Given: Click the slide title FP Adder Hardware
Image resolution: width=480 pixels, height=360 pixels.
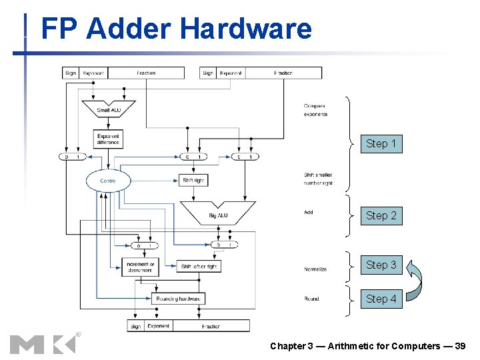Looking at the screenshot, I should click(176, 29).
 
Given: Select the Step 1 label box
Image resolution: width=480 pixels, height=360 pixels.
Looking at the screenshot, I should click(381, 143).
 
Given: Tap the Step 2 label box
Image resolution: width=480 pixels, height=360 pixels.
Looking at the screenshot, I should click(381, 215).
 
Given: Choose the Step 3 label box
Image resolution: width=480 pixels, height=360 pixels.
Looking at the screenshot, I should click(381, 265).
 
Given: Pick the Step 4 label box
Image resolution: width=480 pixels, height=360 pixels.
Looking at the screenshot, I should click(381, 299).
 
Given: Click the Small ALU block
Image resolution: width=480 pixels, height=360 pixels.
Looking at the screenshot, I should click(108, 108).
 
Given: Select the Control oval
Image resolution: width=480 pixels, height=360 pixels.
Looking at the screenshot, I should click(108, 181).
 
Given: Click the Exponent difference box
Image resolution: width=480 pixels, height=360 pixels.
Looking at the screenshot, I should click(108, 139).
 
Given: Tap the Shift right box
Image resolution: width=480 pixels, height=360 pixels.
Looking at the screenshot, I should click(193, 180).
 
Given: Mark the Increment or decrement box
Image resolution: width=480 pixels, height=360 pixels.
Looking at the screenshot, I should click(140, 266).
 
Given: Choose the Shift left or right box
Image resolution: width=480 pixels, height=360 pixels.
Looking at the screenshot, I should click(199, 266).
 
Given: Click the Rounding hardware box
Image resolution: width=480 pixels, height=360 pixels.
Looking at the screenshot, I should click(177, 299).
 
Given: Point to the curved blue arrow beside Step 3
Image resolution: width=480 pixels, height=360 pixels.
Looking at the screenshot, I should click(415, 280).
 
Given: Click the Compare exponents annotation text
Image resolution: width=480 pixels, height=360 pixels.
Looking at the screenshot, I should click(315, 110).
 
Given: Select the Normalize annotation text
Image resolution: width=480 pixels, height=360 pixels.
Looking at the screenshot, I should click(315, 269).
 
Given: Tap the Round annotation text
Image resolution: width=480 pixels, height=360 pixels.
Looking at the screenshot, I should click(311, 299).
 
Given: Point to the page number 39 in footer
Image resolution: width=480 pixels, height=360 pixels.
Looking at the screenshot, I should click(459, 346).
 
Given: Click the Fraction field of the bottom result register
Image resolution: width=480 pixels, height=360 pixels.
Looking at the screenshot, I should click(210, 326).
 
